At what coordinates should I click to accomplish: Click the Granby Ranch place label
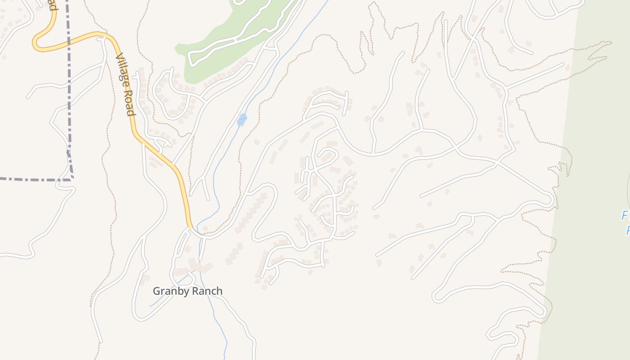pos(187,291)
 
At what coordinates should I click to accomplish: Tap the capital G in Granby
pos(157,291)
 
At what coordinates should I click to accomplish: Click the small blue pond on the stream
pos(242,120)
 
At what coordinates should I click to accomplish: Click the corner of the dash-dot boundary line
pos(72,179)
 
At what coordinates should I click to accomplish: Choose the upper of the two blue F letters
pos(625,216)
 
